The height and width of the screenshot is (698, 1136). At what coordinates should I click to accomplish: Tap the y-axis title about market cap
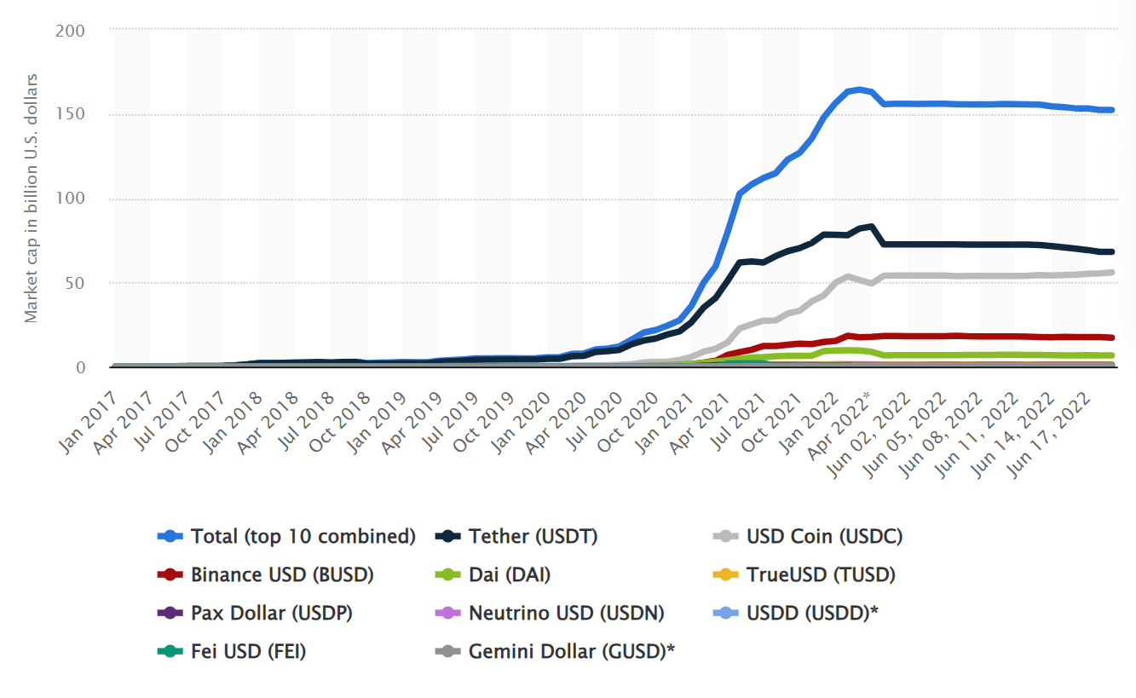coord(32,199)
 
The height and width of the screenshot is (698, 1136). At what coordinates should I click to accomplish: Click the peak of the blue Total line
coord(858,89)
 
